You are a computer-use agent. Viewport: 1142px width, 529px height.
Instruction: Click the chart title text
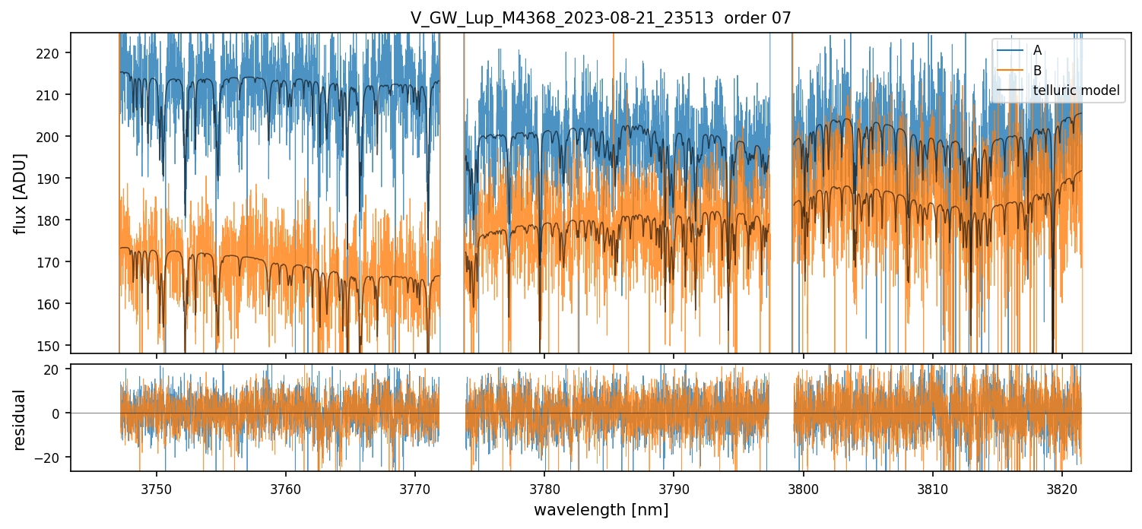coord(601,18)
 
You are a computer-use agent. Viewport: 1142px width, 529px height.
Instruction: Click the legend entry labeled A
coord(1037,50)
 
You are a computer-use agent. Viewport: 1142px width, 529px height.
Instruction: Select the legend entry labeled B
coord(1037,71)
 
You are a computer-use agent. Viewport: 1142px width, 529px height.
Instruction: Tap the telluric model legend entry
coord(1076,91)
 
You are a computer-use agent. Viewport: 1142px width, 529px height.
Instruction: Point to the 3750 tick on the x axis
coord(157,489)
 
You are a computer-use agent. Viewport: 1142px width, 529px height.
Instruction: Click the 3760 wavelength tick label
coord(286,489)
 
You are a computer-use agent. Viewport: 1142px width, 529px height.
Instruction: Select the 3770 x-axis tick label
coord(415,489)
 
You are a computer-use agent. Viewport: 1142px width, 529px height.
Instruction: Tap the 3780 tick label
coord(544,489)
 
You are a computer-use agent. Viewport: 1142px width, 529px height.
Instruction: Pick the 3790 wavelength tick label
coord(674,489)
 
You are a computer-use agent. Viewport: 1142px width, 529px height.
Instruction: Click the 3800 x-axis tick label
coord(804,489)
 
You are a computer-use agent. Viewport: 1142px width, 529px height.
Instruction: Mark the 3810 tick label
coord(933,489)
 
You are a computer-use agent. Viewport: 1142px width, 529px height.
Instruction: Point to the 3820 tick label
coord(1062,489)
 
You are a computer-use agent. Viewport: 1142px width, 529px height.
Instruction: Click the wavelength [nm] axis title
coord(601,510)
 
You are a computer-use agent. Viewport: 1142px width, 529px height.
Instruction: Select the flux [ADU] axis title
coord(21,193)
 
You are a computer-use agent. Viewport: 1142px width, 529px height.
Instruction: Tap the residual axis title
coord(21,420)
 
